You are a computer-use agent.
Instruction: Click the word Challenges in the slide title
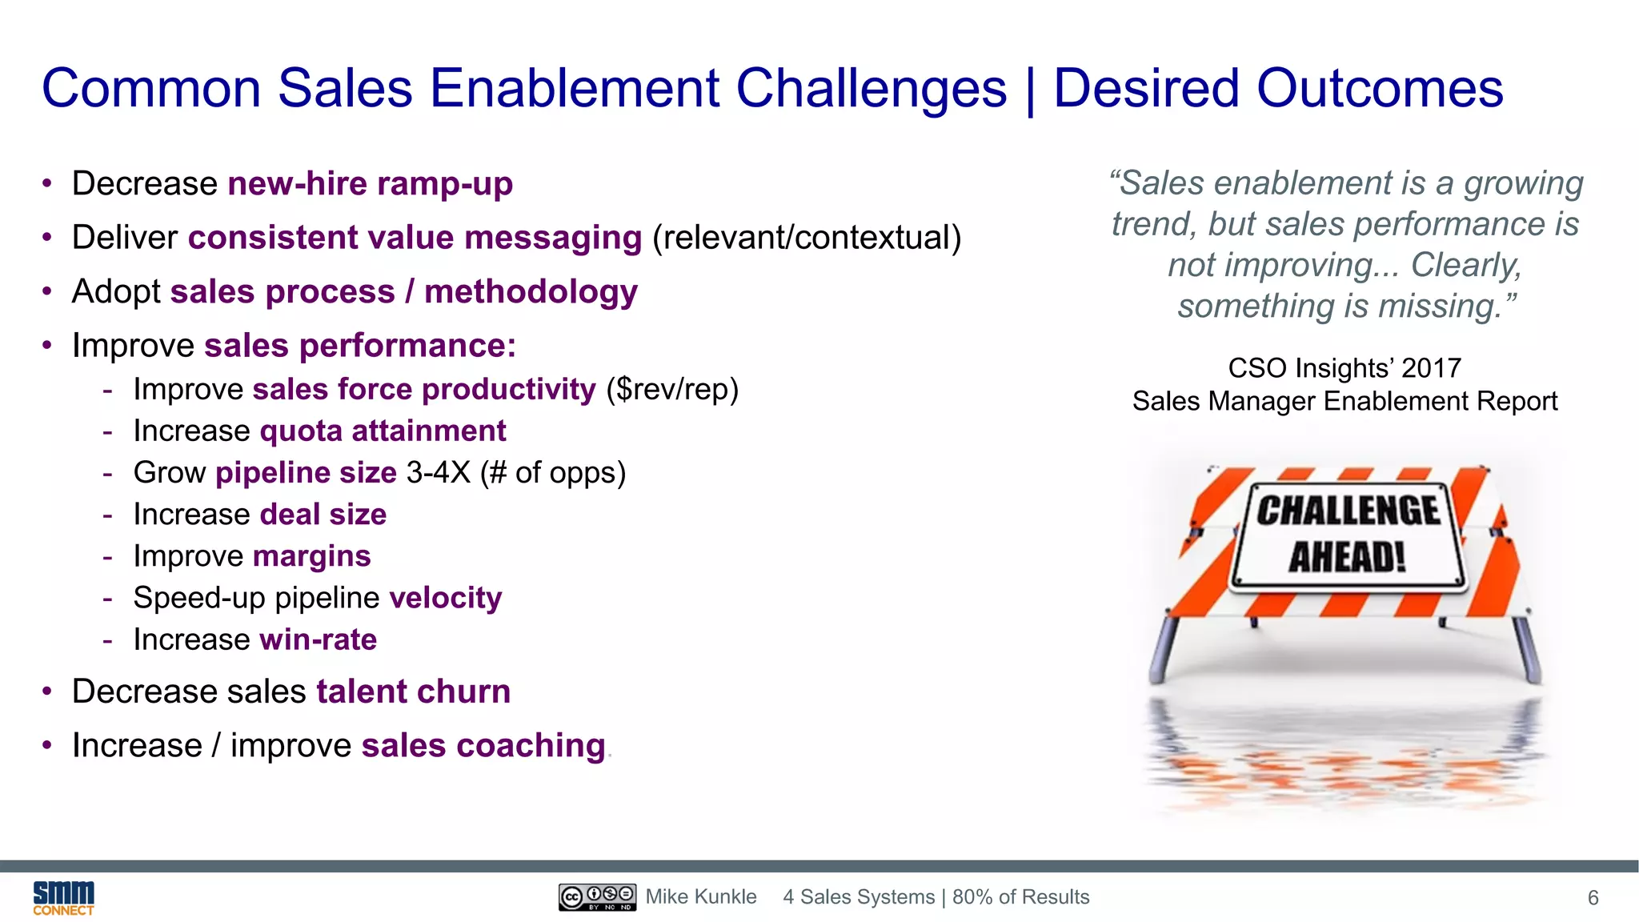pos(871,88)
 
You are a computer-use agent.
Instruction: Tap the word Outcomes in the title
pos(1380,88)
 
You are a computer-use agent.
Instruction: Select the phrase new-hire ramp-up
pos(370,184)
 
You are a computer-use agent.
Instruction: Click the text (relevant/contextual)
pos(807,238)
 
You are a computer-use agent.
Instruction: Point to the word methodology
pos(531,292)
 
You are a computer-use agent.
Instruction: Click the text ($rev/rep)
pos(672,390)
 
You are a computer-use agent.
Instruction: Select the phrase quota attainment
pos(383,431)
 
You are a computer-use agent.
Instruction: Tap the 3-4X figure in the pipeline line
pos(439,473)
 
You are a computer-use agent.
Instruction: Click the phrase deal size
pos(323,515)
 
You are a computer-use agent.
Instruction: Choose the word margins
pos(312,556)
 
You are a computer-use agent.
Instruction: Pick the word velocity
pos(446,598)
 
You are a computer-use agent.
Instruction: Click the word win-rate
pos(319,639)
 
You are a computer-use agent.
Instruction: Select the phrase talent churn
pos(413,691)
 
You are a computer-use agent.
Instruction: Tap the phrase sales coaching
pos(483,746)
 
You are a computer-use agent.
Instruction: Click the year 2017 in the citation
pos(1431,368)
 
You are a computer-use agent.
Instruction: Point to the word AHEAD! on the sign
pos(1347,557)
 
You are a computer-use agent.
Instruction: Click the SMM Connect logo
pos(63,898)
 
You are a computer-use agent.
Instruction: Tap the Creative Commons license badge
pos(597,897)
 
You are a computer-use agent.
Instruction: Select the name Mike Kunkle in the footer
pos(701,897)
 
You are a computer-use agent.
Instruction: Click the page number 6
pos(1593,898)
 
